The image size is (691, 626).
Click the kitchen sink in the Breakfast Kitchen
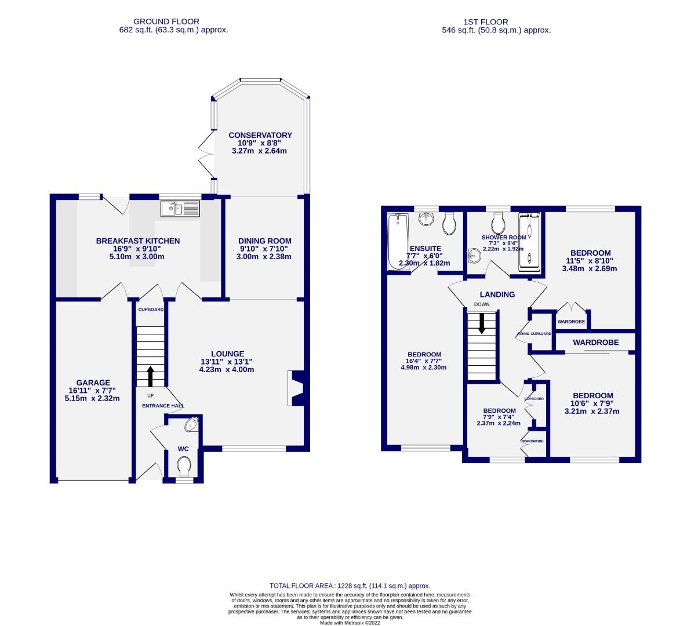click(x=179, y=208)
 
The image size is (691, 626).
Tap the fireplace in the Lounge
click(x=295, y=388)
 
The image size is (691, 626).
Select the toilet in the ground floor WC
click(x=184, y=465)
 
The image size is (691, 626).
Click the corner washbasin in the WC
click(x=191, y=426)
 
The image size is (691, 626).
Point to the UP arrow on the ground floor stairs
click(x=151, y=376)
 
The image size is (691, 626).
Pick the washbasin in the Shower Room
click(x=475, y=255)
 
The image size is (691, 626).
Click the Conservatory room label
click(x=260, y=135)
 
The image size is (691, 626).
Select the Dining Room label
click(x=265, y=241)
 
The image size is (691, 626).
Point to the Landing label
click(x=497, y=294)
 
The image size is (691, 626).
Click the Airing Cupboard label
click(x=534, y=334)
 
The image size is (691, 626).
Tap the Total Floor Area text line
click(x=350, y=586)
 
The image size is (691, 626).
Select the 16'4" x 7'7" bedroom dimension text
click(x=424, y=361)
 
